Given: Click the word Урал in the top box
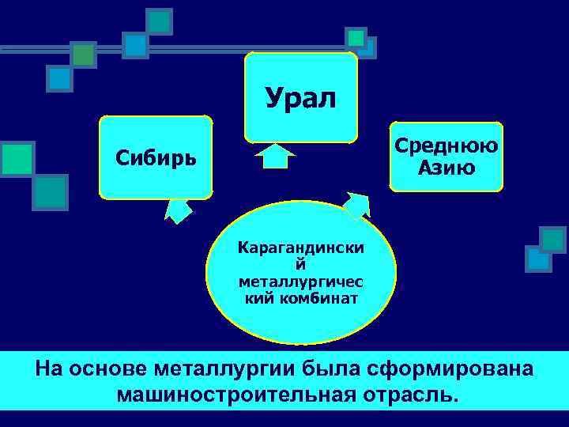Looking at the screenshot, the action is (300, 98).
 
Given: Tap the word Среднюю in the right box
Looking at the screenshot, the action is (447, 145).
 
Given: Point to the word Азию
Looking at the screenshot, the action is (447, 167).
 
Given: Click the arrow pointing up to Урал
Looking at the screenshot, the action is (276, 155).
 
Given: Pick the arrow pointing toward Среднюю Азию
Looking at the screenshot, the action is (356, 204).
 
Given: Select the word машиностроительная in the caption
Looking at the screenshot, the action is (230, 394).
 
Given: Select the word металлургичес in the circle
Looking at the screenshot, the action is (301, 282).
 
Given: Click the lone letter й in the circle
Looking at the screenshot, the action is (300, 265).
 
